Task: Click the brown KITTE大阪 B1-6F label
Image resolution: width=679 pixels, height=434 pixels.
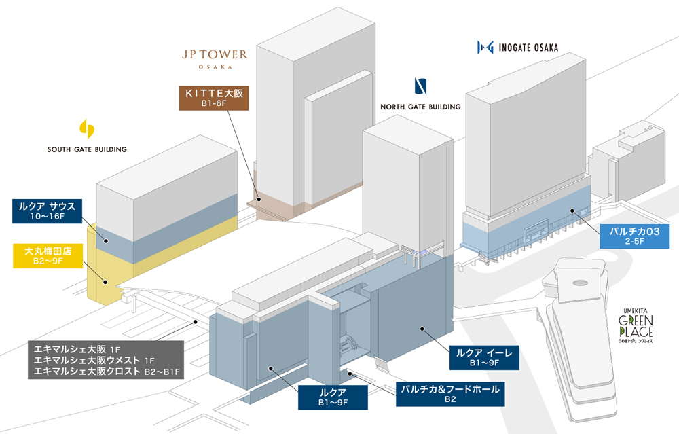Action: point(214,98)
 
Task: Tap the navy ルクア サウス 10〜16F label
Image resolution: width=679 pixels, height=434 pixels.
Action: point(48,211)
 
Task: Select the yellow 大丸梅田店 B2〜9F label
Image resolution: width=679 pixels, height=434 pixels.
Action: point(48,255)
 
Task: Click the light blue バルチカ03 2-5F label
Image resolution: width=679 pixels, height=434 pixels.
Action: point(634,236)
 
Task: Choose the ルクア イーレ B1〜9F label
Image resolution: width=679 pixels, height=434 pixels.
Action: point(484,358)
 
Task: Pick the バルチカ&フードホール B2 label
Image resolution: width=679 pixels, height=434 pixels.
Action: point(450,394)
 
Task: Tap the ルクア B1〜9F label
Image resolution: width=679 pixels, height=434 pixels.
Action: point(333,397)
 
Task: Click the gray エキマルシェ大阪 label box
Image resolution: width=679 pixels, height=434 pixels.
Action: point(106,360)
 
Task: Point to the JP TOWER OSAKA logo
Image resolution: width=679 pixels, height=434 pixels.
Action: point(215,59)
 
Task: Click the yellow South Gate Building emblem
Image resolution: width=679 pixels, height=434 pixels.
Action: point(87,128)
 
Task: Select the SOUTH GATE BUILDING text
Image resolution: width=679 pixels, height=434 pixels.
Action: point(87,149)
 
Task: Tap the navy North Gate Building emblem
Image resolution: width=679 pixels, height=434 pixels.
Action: point(420,86)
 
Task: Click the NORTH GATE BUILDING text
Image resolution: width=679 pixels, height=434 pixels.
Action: point(420,107)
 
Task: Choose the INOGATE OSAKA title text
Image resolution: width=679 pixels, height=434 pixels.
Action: point(528,48)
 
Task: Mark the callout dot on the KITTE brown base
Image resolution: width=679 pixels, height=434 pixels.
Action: point(259,199)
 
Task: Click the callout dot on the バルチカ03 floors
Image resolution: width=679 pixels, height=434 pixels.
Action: point(572,211)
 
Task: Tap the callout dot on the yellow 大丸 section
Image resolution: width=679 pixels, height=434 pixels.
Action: point(105,282)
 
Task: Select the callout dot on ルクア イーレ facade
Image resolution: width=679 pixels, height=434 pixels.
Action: point(422,329)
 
